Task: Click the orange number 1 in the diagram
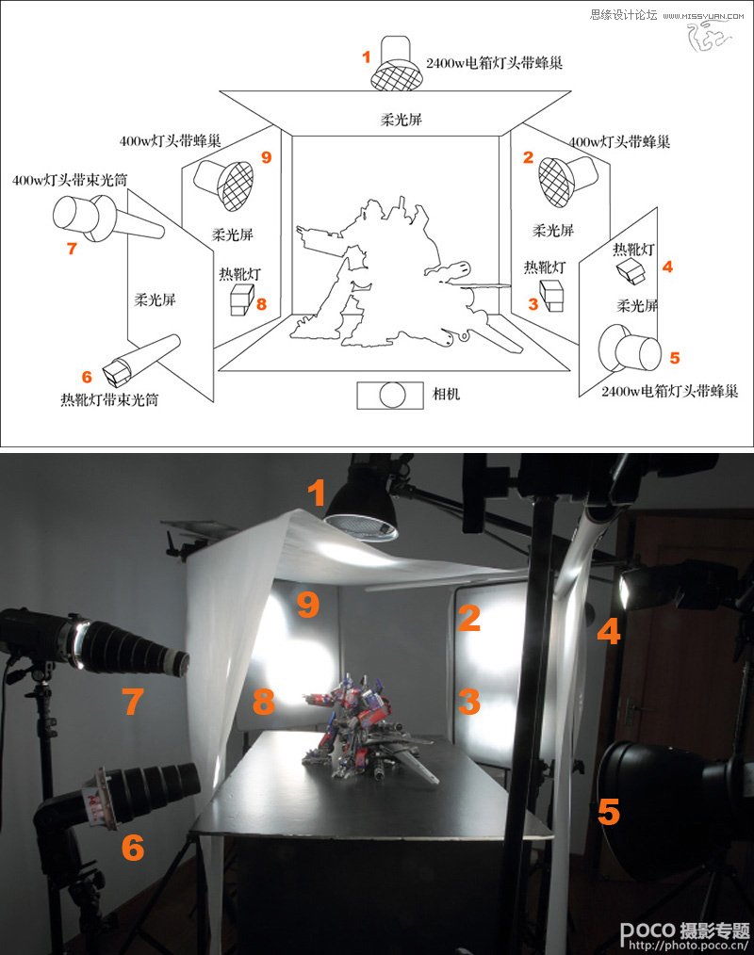[x=367, y=57]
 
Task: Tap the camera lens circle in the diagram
[x=392, y=396]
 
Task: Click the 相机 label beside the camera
[x=446, y=394]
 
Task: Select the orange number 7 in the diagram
[x=72, y=248]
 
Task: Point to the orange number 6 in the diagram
[x=87, y=377]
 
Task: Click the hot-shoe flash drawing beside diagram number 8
[x=241, y=299]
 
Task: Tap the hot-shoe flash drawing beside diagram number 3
[x=551, y=296]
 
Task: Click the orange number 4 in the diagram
[x=667, y=267]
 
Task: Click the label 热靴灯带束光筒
[x=109, y=399]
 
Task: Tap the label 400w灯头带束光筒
[x=70, y=180]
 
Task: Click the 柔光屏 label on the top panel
[x=402, y=120]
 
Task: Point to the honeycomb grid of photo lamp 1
[x=362, y=526]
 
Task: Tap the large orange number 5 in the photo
[x=608, y=812]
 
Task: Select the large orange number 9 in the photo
[x=308, y=605]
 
